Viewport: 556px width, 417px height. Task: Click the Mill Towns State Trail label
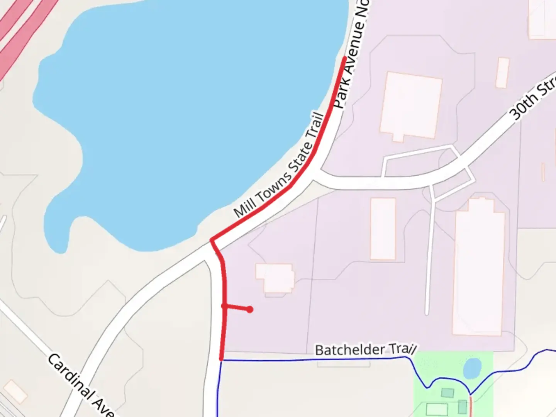(279, 165)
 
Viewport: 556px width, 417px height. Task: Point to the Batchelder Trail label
(365, 350)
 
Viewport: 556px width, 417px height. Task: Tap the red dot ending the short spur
(250, 309)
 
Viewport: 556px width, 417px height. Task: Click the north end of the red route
(344, 58)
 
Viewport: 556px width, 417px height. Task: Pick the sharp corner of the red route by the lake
(212, 241)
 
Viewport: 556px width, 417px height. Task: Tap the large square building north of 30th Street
(411, 106)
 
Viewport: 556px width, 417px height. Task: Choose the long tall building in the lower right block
(478, 266)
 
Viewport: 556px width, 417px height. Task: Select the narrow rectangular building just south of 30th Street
(383, 229)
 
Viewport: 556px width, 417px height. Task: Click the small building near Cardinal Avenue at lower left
(15, 392)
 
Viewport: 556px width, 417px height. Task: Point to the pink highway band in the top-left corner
(23, 27)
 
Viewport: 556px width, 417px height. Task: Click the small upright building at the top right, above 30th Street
(502, 73)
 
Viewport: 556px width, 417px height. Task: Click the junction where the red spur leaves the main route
(224, 306)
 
